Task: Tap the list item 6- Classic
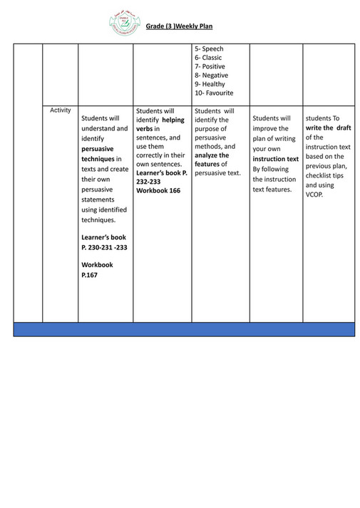[208, 58]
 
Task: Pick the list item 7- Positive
[210, 66]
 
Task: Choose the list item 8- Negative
[212, 75]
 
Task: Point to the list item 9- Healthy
[210, 84]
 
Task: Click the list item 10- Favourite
[214, 93]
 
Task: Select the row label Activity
[61, 110]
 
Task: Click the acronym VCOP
[314, 193]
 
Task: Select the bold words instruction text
[276, 159]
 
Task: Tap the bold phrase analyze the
[212, 155]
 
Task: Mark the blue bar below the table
[184, 329]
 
